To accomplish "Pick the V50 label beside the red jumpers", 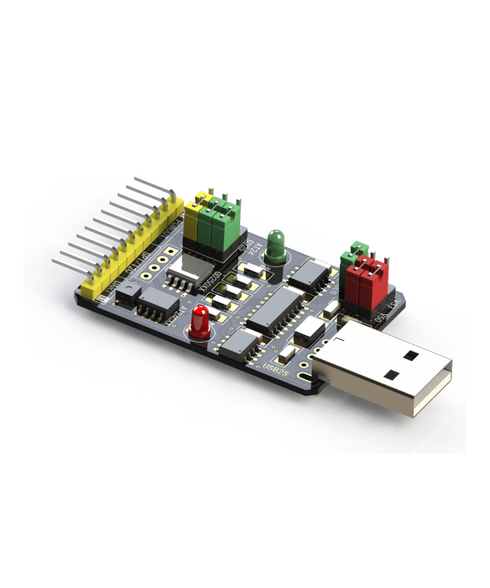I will pyautogui.click(x=381, y=317).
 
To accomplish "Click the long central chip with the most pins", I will pyautogui.click(x=275, y=309).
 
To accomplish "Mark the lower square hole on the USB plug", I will pyautogui.click(x=390, y=374).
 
